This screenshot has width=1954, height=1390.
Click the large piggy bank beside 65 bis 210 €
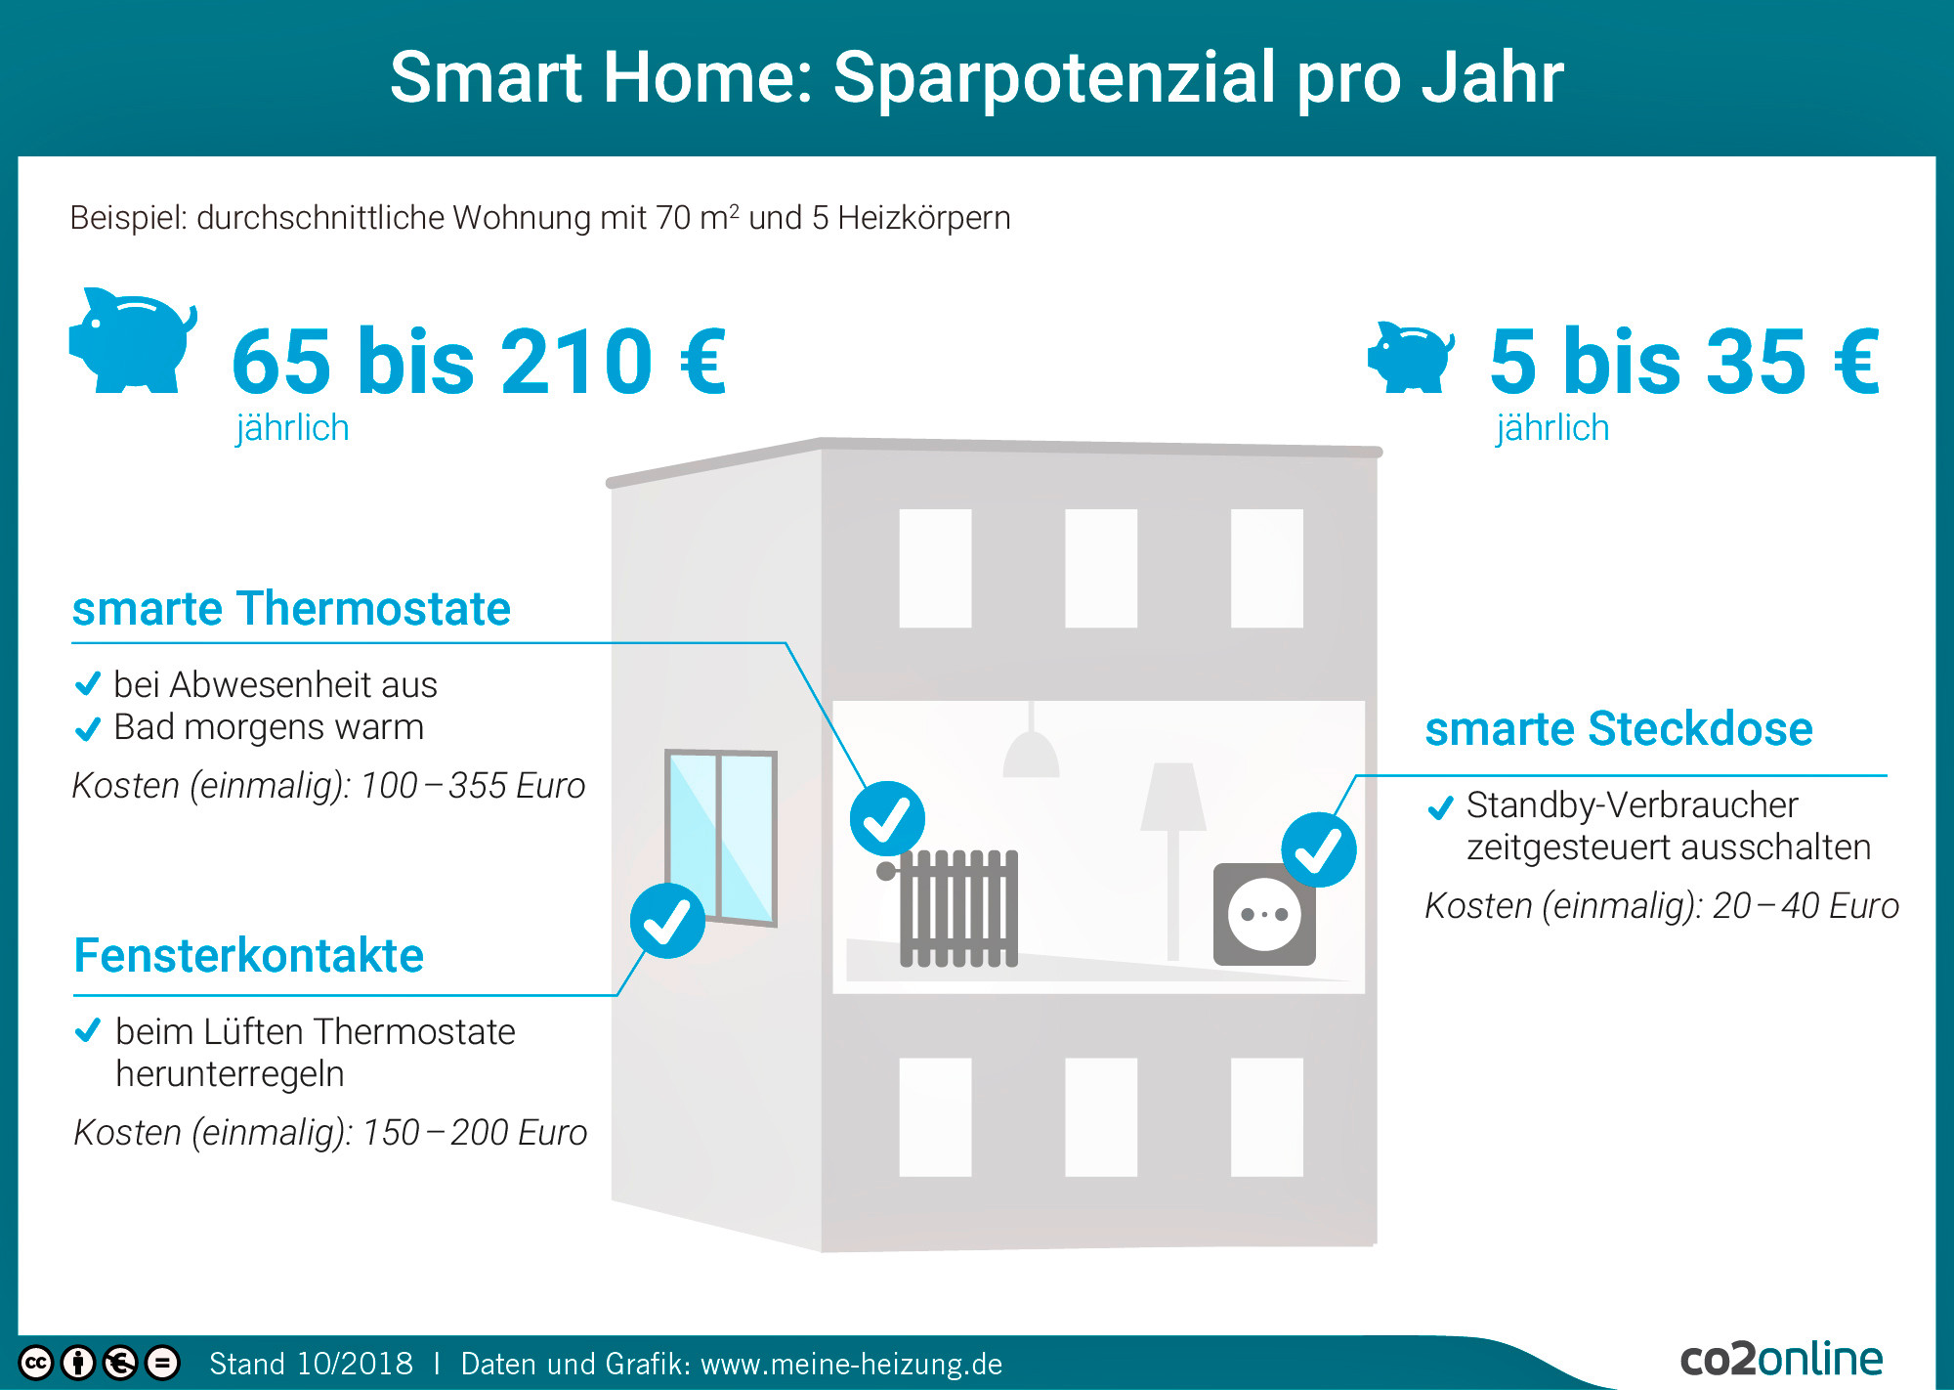click(x=132, y=342)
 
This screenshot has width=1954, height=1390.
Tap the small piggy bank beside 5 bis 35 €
click(x=1410, y=358)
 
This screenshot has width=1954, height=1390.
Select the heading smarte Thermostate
click(x=291, y=608)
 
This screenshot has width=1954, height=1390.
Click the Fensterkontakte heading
click(x=249, y=955)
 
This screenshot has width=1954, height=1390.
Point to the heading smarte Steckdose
click(x=1619, y=728)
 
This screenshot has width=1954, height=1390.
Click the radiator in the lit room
click(x=953, y=908)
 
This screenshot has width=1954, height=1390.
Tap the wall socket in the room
click(x=1264, y=915)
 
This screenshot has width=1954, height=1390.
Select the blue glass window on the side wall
click(x=721, y=837)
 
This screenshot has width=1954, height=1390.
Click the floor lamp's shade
click(x=1172, y=797)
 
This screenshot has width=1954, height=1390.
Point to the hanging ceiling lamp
click(x=1032, y=745)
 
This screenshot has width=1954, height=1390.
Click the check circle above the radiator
click(x=887, y=819)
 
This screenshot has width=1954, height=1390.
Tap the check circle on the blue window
click(x=667, y=921)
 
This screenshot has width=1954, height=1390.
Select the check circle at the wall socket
click(x=1319, y=849)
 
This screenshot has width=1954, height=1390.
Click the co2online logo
click(x=1781, y=1359)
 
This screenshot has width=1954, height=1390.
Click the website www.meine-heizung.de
click(x=852, y=1364)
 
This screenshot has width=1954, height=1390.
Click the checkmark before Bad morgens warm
click(x=88, y=728)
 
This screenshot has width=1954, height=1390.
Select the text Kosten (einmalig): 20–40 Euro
click(x=1662, y=906)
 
